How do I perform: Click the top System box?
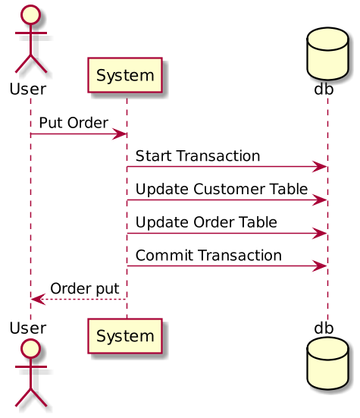(x=126, y=75)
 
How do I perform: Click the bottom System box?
(x=126, y=335)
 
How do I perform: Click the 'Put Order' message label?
(x=74, y=122)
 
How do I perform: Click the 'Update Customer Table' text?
(x=222, y=189)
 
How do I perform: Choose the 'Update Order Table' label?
(x=206, y=222)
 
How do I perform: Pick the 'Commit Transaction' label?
(x=209, y=256)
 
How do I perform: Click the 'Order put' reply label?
(x=84, y=288)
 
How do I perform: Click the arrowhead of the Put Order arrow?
(x=121, y=134)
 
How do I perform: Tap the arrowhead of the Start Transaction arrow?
(x=322, y=167)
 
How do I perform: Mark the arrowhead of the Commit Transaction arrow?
(x=322, y=266)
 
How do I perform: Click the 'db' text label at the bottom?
(x=324, y=328)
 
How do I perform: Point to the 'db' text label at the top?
(x=324, y=89)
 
